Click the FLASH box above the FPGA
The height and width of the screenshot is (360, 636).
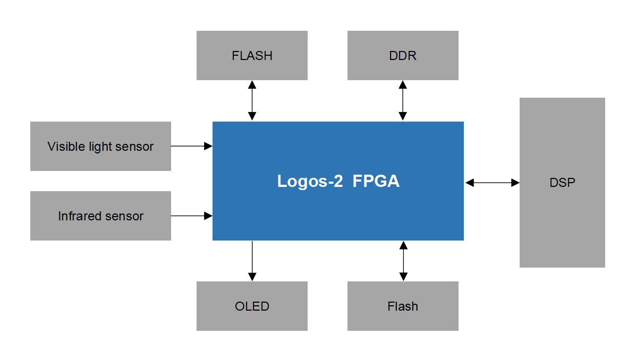coord(252,55)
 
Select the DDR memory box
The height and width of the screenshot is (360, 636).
coord(403,55)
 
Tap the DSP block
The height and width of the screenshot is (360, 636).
coord(562,183)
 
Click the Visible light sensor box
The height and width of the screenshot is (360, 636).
coord(100,146)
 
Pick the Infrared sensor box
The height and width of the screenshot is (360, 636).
coord(100,216)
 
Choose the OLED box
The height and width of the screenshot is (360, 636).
coord(252,306)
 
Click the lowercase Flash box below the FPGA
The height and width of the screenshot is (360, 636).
coord(403,306)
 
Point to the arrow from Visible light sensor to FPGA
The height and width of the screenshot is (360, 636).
coord(191,145)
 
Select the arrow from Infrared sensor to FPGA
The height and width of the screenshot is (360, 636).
coord(191,216)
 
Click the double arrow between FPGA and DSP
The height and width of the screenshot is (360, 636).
coord(492,183)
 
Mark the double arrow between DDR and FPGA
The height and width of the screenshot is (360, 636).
coord(403,100)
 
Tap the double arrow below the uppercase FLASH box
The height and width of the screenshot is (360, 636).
coord(252,100)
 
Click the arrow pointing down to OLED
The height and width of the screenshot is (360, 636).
coord(252,260)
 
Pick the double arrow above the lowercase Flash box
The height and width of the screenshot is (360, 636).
coord(403,261)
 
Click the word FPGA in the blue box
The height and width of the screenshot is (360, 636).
coord(376,182)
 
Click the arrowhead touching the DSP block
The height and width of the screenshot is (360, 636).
coord(515,183)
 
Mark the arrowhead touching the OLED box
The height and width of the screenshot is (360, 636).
coord(252,277)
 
